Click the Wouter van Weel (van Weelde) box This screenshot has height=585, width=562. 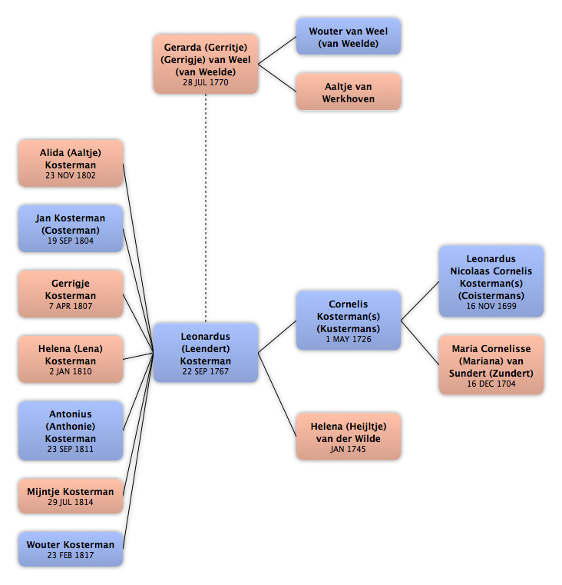pyautogui.click(x=349, y=37)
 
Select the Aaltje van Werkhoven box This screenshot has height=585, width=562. pyautogui.click(x=349, y=91)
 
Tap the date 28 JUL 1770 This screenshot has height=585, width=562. pyautogui.click(x=206, y=82)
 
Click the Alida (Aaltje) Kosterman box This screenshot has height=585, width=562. pyautogui.click(x=71, y=163)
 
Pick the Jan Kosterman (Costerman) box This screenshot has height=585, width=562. pyautogui.click(x=71, y=228)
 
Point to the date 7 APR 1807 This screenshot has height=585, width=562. pyautogui.click(x=71, y=306)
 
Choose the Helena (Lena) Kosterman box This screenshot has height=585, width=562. pyautogui.click(x=71, y=359)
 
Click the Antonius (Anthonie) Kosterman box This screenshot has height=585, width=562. pyautogui.click(x=71, y=430)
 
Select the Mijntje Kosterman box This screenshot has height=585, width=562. pyautogui.click(x=71, y=496)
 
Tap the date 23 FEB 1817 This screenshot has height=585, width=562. pyautogui.click(x=71, y=556)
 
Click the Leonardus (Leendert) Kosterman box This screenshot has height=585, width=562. pyautogui.click(x=206, y=353)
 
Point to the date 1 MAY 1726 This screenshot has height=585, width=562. pyautogui.click(x=349, y=339)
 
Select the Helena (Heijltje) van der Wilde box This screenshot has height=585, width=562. pyautogui.click(x=349, y=437)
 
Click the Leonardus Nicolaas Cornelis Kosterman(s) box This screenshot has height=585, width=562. pyautogui.click(x=491, y=281)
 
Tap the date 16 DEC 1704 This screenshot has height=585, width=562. pyautogui.click(x=491, y=384)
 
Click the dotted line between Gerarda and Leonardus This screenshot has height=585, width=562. pyautogui.click(x=206, y=208)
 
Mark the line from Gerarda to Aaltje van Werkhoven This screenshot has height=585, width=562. pyautogui.click(x=277, y=78)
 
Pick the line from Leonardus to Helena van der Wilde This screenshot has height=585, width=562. pyautogui.click(x=277, y=394)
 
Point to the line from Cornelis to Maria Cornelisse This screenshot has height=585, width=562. pyautogui.click(x=420, y=343)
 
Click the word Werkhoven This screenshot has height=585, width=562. pyautogui.click(x=349, y=99)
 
